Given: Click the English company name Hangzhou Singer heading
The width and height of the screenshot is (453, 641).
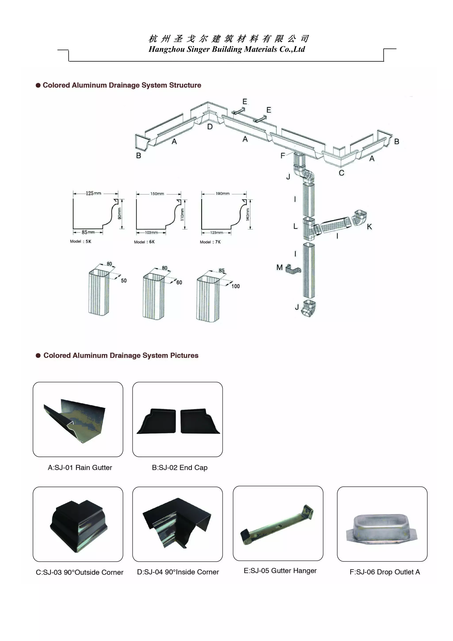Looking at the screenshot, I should pos(226,49).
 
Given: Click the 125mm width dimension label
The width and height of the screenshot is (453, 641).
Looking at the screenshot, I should pos(93,193).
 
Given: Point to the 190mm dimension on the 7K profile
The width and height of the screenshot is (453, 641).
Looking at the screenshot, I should pos(223,193).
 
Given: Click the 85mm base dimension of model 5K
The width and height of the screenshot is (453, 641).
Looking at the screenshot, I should pos(88,232).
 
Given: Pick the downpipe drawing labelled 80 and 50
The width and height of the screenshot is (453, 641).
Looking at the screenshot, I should pos(99,292).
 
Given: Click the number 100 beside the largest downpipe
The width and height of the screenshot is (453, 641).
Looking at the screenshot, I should pos(235,286).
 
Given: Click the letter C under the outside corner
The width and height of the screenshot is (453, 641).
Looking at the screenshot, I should pos(342,173).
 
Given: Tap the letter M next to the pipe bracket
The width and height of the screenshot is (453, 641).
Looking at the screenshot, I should pos(280,267).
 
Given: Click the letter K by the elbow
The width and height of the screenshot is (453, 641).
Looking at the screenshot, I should pos(370,227).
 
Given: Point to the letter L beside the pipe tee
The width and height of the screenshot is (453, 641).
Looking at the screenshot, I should pos(295,226).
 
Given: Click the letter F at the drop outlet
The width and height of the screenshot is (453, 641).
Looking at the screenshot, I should pos(282,156).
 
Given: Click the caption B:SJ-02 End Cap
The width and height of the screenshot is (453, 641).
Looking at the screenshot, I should pos(180,468).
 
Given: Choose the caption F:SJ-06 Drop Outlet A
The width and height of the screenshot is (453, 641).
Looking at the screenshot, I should pos(385,572).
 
